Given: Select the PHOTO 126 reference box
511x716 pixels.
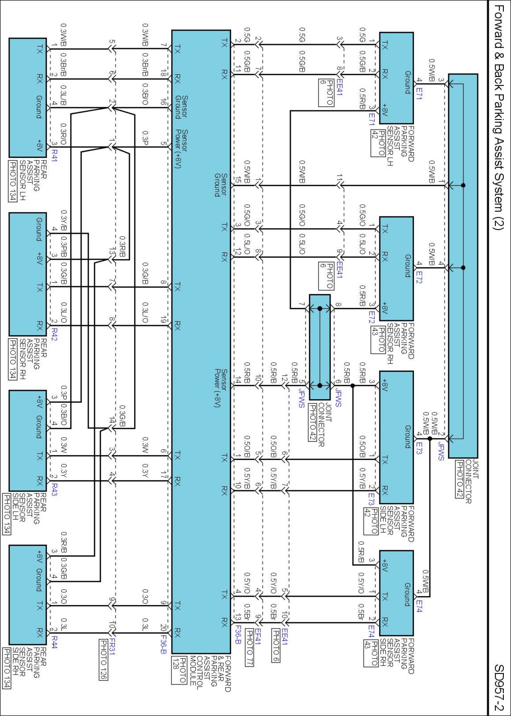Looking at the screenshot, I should coord(103,659).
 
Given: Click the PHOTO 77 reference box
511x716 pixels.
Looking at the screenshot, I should coord(249,652).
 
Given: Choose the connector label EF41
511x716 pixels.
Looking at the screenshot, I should coord(258,636).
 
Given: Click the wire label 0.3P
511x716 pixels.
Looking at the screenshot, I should coord(145,138).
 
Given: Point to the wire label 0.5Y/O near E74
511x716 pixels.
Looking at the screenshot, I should coord(361,581).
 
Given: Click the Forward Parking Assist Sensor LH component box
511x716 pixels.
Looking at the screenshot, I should coord(396,78).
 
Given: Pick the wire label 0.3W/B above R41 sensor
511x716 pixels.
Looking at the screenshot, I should coord(63,35).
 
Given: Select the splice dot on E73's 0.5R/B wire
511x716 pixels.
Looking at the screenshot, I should coord(352,386).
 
